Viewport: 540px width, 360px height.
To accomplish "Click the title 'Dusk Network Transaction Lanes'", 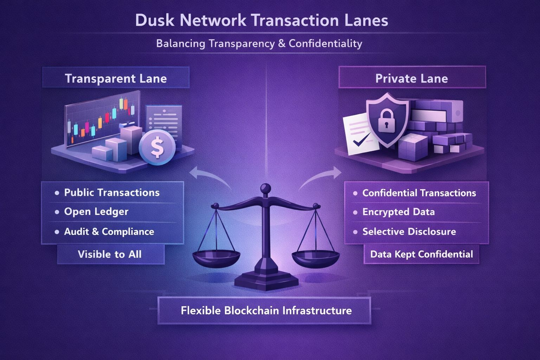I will click(x=262, y=20).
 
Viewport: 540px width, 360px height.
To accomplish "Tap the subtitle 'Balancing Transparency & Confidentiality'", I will click(x=259, y=44).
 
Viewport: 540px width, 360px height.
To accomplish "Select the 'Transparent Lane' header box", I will click(x=116, y=78).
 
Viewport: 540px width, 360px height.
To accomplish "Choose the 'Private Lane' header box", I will click(x=412, y=78).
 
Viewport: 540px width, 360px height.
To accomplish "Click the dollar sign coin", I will click(x=157, y=148).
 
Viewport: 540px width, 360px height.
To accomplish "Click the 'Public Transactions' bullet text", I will click(x=111, y=193).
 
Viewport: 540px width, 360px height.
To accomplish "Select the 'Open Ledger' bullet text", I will click(x=96, y=212).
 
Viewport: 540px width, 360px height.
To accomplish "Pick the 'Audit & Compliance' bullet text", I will click(x=109, y=232).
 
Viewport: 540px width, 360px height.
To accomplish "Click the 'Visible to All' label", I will click(x=110, y=254).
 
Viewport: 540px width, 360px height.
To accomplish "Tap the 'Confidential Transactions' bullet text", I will click(x=419, y=193).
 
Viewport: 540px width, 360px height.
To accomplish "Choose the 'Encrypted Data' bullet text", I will click(x=398, y=212).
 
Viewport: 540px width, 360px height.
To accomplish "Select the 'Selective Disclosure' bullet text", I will click(x=409, y=232).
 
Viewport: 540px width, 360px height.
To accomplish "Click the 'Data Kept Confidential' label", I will click(x=422, y=254).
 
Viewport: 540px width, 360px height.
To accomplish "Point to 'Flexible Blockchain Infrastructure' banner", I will click(x=266, y=310).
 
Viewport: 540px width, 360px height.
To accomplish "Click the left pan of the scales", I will click(x=216, y=258).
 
